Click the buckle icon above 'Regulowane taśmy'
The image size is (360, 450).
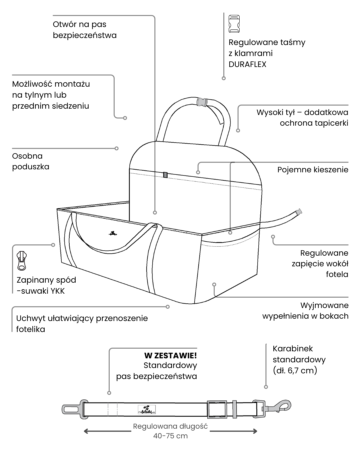[x=234, y=24]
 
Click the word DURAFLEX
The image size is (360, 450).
[x=247, y=64]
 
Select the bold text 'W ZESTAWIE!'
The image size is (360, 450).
[x=170, y=355]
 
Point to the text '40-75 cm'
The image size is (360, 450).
[x=170, y=436]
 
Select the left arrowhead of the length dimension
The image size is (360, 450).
[x=86, y=431]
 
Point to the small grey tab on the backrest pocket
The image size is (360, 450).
[x=165, y=175]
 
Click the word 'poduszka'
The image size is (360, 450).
[x=31, y=167]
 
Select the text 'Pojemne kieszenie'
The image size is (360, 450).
[x=313, y=170]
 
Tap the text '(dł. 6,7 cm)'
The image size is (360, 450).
[x=295, y=370]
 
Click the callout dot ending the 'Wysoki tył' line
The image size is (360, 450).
[x=238, y=131]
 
